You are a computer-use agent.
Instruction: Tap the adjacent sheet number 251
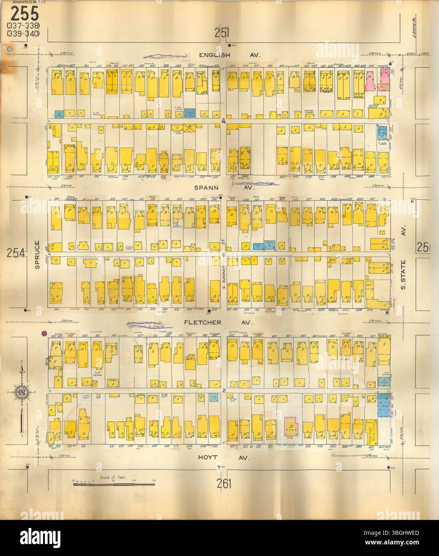click(221, 34)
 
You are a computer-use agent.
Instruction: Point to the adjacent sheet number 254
click(16, 253)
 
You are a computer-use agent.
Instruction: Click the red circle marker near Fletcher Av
click(45, 334)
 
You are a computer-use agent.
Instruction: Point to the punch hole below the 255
click(10, 49)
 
